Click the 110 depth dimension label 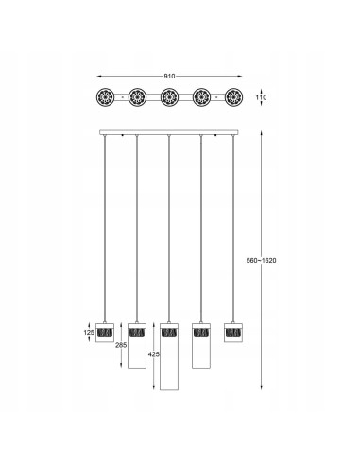coord(262,97)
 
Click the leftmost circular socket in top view coord(105,96)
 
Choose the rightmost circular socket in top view coord(232,96)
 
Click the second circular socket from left coord(137,96)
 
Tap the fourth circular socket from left coord(200,96)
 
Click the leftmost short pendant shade coord(105,334)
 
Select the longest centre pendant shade coord(169,355)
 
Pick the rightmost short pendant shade coord(232,334)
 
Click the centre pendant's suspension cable coord(169,227)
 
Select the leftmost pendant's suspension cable coord(105,227)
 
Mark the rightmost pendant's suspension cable coord(232,227)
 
